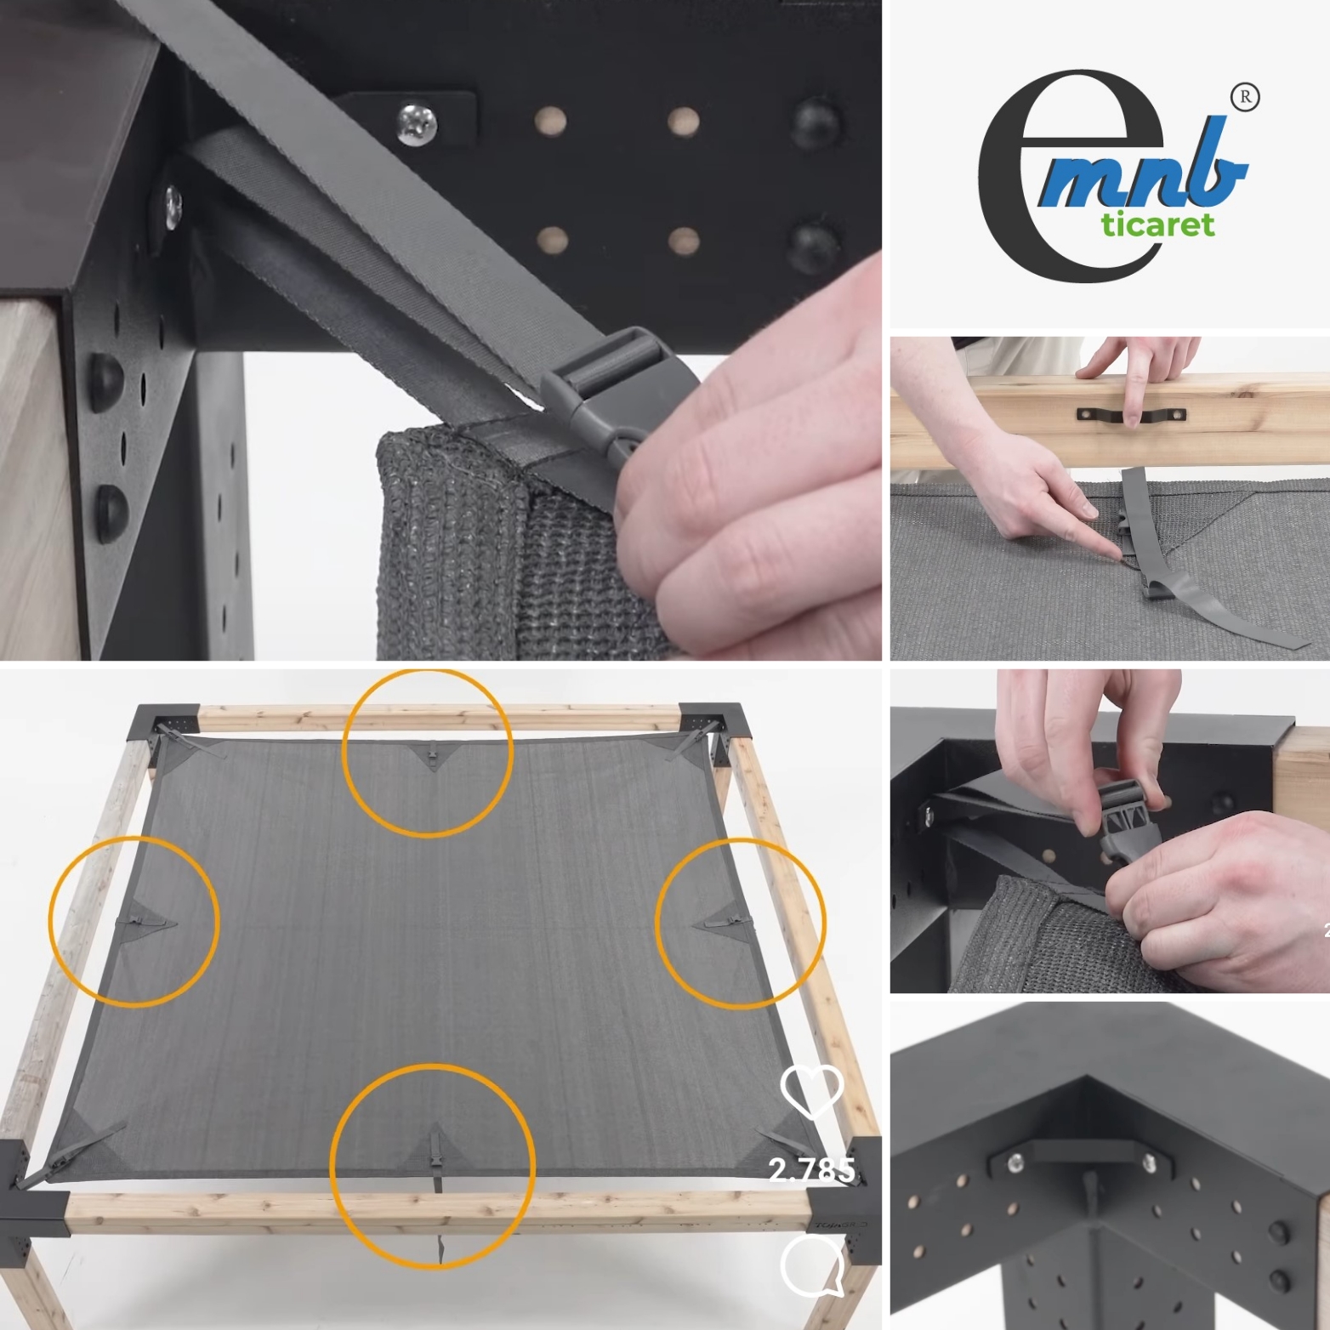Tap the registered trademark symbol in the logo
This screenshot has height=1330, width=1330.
[x=1246, y=97]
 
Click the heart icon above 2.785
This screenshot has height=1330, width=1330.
[x=812, y=1091]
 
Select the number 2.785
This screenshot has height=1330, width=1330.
[x=812, y=1171]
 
